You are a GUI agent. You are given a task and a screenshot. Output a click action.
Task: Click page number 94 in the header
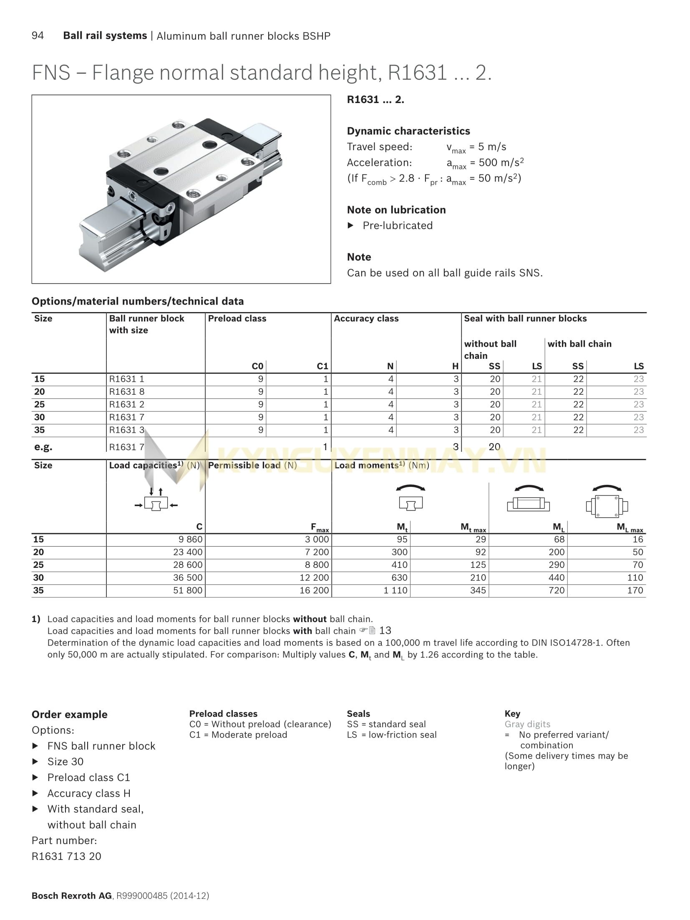(38, 35)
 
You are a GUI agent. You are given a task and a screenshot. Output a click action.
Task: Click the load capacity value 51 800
(188, 590)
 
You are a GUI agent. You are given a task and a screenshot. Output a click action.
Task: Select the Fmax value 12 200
(314, 577)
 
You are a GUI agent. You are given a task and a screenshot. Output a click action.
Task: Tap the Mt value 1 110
(395, 590)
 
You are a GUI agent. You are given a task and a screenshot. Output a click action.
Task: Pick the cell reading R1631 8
(127, 391)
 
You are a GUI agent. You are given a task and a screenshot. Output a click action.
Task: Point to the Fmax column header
(320, 527)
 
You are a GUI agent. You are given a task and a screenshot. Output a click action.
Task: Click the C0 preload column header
(257, 366)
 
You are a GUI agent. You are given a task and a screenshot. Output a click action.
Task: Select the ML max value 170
(635, 590)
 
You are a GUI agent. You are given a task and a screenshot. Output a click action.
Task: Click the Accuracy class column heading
(366, 318)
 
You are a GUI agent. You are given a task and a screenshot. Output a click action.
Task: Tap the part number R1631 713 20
(66, 856)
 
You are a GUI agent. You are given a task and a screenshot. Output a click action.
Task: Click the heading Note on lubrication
(396, 210)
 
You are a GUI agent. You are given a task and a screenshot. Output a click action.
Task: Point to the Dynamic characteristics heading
(408, 131)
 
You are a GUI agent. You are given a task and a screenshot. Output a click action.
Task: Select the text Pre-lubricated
(398, 226)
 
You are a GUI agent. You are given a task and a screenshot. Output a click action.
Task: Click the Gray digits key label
(527, 724)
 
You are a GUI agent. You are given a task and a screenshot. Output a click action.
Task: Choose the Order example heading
(70, 714)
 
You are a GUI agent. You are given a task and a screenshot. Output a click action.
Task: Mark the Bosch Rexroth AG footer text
(72, 895)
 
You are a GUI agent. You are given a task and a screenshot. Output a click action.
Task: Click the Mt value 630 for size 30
(399, 577)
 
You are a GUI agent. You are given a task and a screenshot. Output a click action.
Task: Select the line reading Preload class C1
(89, 777)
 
